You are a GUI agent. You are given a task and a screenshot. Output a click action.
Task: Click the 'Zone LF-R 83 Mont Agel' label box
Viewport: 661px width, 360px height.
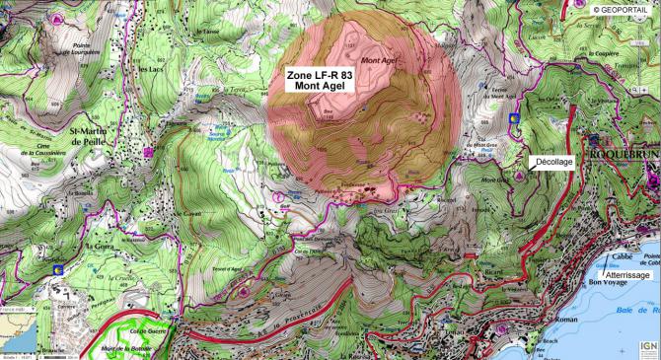click(x=319, y=80)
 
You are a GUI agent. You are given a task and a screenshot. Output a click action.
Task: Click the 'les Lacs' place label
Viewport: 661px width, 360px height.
click(x=151, y=70)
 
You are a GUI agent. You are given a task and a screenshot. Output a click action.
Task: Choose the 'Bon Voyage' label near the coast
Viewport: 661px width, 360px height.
click(x=609, y=284)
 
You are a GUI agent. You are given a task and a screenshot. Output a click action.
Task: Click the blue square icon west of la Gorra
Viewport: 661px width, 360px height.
click(x=57, y=267)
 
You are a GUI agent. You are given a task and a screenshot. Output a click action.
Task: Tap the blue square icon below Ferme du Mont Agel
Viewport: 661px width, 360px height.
click(x=513, y=117)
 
